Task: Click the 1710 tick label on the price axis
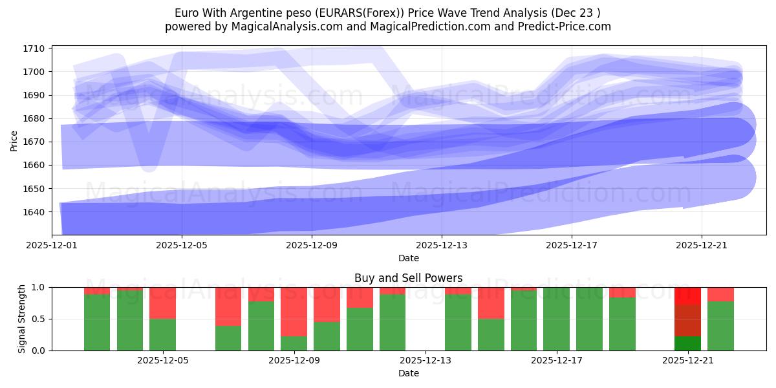(x=34, y=48)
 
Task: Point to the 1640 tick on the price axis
(x=34, y=212)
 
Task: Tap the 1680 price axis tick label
(x=34, y=118)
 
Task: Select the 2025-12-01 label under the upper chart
(x=52, y=246)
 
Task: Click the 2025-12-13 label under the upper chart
(x=442, y=246)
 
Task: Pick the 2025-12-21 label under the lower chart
(x=687, y=361)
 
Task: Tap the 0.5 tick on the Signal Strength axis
(x=39, y=319)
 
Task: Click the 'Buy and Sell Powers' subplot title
(x=408, y=278)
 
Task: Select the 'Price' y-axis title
(x=14, y=140)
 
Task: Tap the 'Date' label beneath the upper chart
(x=408, y=258)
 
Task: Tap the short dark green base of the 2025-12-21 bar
(x=687, y=343)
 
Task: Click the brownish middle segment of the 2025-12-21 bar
(x=687, y=320)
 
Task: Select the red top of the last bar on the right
(x=720, y=294)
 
